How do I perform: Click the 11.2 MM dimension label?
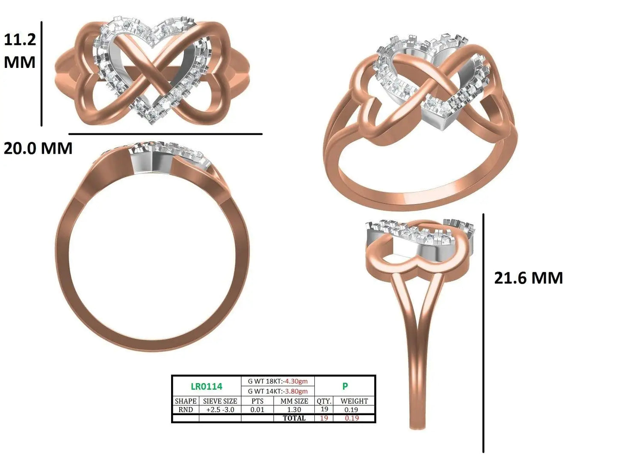click(20, 51)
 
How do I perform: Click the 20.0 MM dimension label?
click(38, 148)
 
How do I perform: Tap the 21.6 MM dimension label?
click(529, 278)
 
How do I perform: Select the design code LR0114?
click(207, 387)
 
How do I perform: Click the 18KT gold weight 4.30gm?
click(296, 381)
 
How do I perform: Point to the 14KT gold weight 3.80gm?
click(296, 391)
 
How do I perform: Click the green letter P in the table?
click(345, 386)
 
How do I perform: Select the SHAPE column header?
click(186, 401)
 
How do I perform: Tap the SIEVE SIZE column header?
click(220, 401)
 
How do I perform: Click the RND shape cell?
click(186, 410)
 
